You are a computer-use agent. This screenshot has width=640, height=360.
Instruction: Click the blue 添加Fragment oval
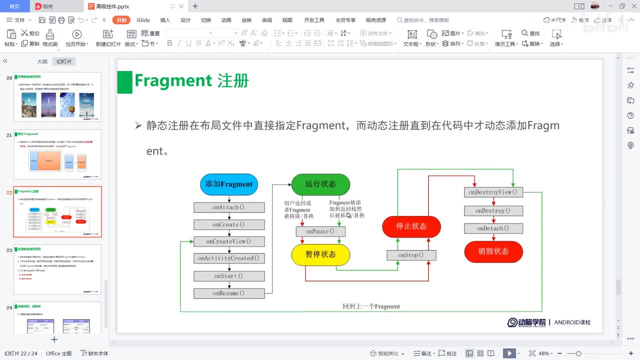tap(229, 184)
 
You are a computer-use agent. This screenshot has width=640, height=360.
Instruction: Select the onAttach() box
tap(229, 207)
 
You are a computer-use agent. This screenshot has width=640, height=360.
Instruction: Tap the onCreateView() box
tap(229, 241)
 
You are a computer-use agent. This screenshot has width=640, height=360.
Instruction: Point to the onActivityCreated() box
tap(229, 258)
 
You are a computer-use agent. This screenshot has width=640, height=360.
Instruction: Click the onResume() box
tap(229, 293)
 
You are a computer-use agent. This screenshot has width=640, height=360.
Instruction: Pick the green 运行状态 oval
tap(320, 184)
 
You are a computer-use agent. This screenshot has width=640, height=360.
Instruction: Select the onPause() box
tap(320, 231)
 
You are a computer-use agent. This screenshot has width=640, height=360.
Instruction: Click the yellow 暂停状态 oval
tap(320, 254)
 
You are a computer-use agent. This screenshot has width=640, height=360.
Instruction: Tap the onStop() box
tap(411, 255)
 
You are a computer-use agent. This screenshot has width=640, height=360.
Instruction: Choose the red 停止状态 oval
tap(411, 226)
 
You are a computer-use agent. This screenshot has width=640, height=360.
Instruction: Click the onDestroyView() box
tap(493, 192)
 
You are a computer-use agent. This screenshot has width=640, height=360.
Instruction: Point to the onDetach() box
tap(493, 228)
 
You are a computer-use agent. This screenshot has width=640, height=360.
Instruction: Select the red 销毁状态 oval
tap(493, 251)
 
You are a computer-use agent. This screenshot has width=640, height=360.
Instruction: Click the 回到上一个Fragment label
tap(371, 306)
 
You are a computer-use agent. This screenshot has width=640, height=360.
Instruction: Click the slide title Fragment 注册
tap(191, 81)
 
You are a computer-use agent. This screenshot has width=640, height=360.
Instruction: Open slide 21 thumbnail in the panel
tap(57, 154)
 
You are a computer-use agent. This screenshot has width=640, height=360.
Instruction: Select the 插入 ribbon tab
tap(165, 20)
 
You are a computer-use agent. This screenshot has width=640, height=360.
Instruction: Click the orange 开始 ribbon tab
tap(121, 20)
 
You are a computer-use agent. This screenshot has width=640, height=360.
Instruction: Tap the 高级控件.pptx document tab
tap(113, 6)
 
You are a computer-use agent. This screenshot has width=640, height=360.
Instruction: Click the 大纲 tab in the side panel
tap(42, 61)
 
